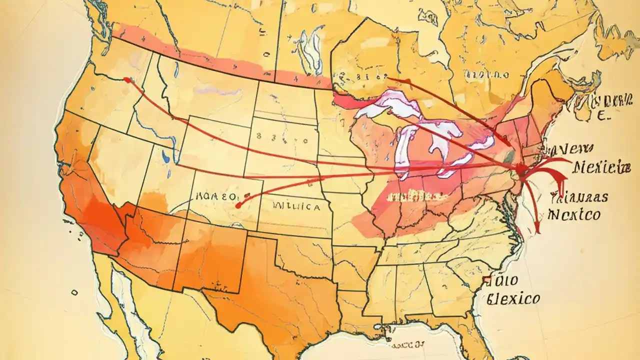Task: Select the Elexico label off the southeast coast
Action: click(x=513, y=299)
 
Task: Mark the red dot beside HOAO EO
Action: click(x=238, y=205)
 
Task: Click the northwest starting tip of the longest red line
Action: click(x=127, y=79)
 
